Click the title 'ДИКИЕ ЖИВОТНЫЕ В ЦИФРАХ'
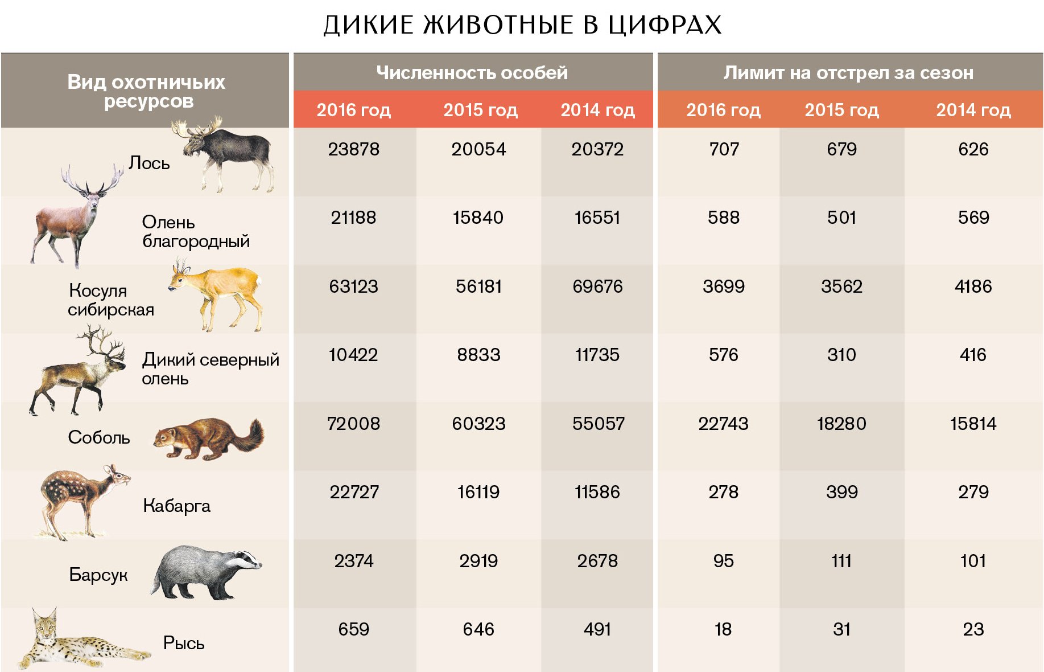522,25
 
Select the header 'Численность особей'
472,73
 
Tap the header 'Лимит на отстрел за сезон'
848,73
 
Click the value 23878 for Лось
353,149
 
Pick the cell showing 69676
597,286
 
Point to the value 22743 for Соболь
723,424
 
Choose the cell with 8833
478,355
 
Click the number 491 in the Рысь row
597,629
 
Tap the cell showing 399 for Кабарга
841,492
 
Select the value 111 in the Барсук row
841,561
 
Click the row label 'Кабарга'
176,506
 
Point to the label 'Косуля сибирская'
111,300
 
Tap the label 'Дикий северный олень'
210,369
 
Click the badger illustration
205,572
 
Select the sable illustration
208,439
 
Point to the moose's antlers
196,129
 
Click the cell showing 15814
973,424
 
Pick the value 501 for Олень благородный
841,218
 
